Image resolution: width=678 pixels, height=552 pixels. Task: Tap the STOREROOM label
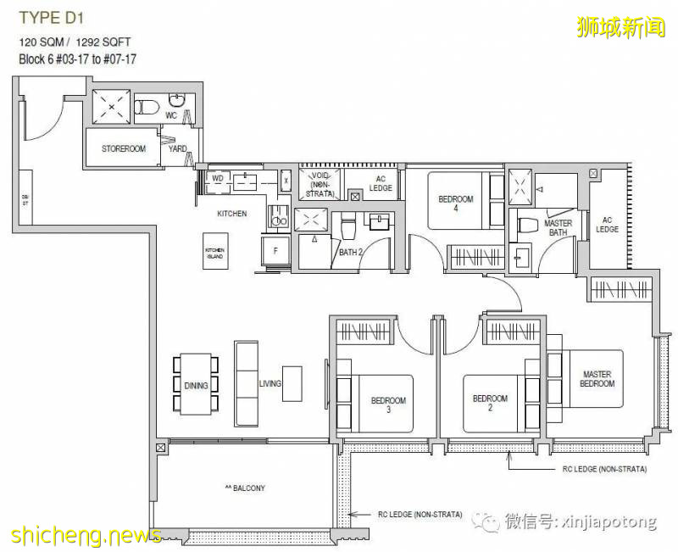click(x=124, y=149)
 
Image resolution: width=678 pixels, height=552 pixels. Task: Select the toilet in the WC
click(x=150, y=107)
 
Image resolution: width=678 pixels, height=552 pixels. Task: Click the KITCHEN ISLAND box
click(x=215, y=253)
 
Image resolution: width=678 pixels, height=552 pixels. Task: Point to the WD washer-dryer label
click(x=217, y=179)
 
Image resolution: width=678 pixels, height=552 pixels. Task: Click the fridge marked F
click(x=275, y=251)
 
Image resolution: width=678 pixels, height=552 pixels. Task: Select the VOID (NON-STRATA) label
click(x=320, y=184)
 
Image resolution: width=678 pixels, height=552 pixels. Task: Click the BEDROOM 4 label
click(x=456, y=204)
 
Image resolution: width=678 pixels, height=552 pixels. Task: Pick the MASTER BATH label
click(x=558, y=228)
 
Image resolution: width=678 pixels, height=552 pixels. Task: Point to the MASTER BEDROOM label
click(x=597, y=379)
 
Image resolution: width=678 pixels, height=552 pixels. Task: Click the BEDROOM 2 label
click(x=490, y=399)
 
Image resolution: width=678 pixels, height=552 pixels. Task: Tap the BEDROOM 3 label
click(x=388, y=405)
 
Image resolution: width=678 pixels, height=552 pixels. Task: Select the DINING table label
click(x=196, y=386)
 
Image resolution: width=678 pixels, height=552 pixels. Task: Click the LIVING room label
click(x=270, y=384)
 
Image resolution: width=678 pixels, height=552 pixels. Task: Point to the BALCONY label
click(x=245, y=488)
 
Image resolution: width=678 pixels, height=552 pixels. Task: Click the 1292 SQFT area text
click(x=106, y=42)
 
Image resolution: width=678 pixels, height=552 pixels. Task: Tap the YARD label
click(x=178, y=149)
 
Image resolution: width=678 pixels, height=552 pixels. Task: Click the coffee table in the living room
click(x=292, y=382)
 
